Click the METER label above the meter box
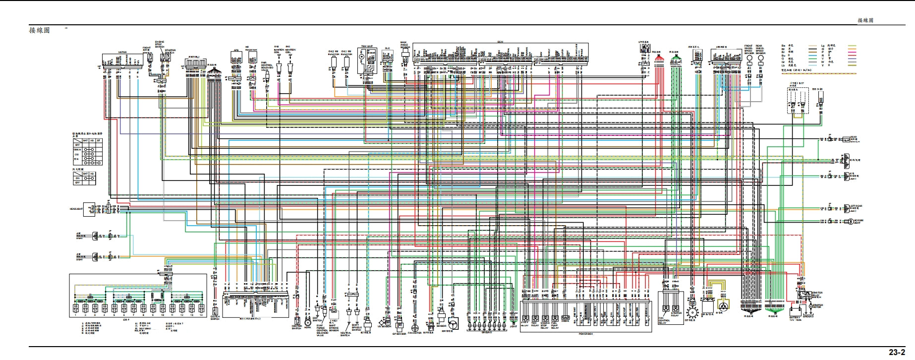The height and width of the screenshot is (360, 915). (122, 52)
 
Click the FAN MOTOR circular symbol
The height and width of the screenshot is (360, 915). (415, 328)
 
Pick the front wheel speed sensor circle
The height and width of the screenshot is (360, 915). (748, 58)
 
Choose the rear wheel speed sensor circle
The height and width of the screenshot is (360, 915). (760, 58)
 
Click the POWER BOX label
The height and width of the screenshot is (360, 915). (585, 334)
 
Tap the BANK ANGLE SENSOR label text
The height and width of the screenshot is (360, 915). (405, 46)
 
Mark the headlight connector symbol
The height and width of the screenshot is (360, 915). (91, 209)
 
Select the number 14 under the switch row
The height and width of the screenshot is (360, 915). (201, 315)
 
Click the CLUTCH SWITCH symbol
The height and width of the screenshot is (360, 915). (214, 307)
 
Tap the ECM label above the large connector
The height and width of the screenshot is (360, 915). (500, 42)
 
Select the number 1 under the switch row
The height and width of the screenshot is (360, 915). (75, 315)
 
